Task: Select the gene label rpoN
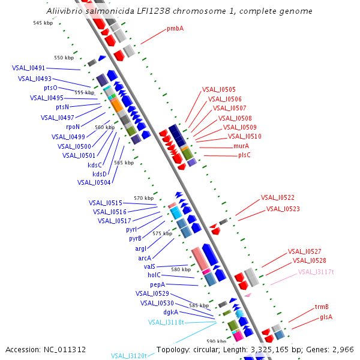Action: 73,127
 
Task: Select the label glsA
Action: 326,317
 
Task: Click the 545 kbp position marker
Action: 43,23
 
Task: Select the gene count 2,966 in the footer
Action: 342,350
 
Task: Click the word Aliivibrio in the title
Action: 63,11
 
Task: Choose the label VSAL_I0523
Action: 283,209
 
